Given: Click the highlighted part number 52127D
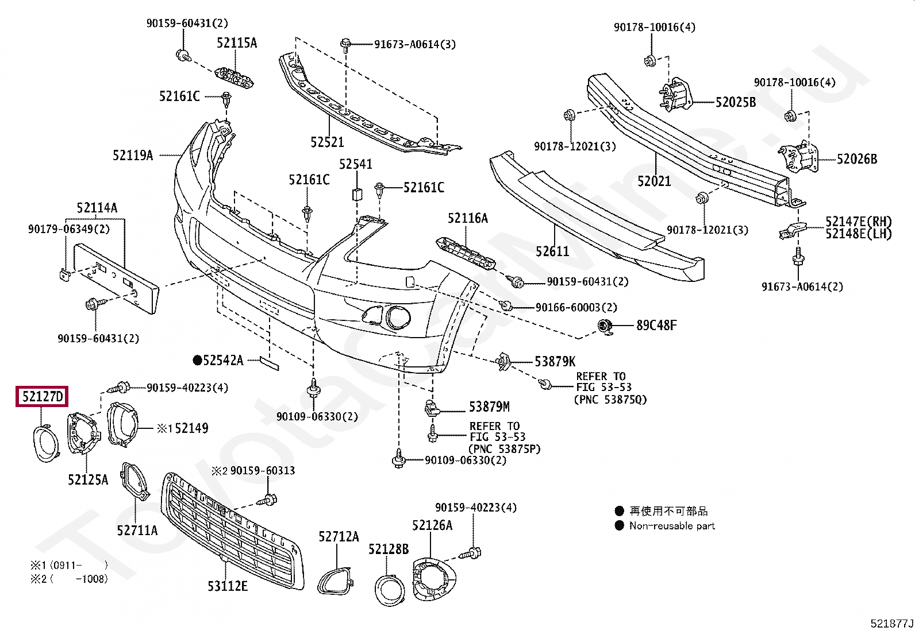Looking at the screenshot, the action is pos(43,396).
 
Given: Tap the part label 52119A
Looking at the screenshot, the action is pos(133,155).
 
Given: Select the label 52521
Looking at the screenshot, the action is pos(327,142).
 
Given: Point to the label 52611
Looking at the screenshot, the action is pos(552,251).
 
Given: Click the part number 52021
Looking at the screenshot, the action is pos(654,181).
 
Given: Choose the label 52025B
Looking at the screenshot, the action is pos(736,102).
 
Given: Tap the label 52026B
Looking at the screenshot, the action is pos(857,159).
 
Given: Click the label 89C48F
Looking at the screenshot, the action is pos(656,326).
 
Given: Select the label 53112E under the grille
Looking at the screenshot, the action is pos(228,586).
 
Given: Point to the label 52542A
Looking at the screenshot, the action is pos(223,361).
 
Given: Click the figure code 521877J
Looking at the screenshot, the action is pos(891,623).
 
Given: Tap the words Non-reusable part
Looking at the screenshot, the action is pos(672,526).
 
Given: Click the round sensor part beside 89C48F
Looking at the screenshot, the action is pos(605,326).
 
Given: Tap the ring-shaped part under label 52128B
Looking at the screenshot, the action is pos(390,590).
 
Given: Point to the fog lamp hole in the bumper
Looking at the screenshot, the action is pos(398,318).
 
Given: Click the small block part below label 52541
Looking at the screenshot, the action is pos(357,194).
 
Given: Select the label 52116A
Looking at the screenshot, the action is pos(468,218).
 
